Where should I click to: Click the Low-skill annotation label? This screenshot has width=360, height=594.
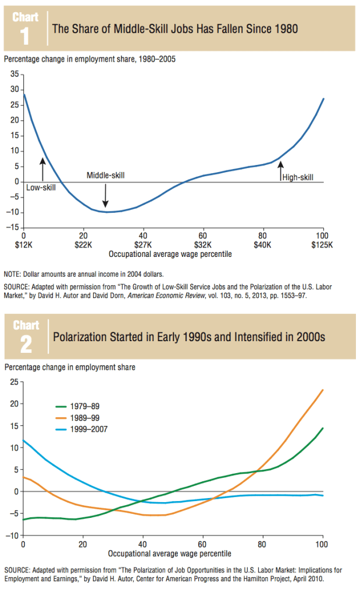[41, 188]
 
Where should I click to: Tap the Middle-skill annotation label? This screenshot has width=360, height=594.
[105, 175]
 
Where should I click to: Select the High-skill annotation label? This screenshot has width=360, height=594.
[297, 178]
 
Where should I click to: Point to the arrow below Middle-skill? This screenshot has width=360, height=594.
[105, 195]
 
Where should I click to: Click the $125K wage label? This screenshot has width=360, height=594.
[322, 245]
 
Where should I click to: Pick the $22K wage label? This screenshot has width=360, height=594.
[83, 245]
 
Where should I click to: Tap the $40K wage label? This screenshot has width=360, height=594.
[262, 245]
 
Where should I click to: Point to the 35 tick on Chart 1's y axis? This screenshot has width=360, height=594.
[15, 74]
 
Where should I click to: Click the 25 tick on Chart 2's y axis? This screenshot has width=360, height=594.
[14, 382]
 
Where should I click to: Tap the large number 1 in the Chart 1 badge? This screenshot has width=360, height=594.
[25, 37]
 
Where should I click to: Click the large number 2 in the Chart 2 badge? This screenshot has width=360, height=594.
[26, 344]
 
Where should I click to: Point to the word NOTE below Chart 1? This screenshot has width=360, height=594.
[12, 273]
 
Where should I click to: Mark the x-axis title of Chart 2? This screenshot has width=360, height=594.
[170, 553]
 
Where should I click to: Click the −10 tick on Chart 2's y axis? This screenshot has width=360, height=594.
[12, 535]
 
